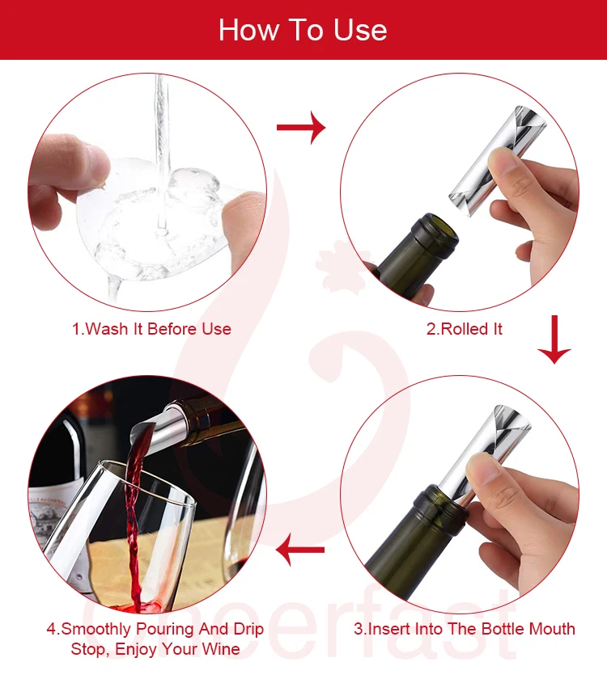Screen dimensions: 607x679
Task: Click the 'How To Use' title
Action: pyautogui.click(x=303, y=30)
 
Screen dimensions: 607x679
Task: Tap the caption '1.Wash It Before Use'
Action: pyautogui.click(x=151, y=329)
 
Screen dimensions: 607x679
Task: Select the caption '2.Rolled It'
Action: pyautogui.click(x=465, y=329)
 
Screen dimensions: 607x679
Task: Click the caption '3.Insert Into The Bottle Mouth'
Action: pyautogui.click(x=465, y=629)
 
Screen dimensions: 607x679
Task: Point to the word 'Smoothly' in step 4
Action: pyautogui.click(x=96, y=629)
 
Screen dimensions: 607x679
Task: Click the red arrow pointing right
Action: pyautogui.click(x=301, y=128)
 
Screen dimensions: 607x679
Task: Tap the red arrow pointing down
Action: pyautogui.click(x=554, y=339)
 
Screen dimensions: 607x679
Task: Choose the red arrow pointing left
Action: pyautogui.click(x=300, y=550)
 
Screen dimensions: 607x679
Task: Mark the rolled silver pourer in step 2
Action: pyautogui.click(x=497, y=161)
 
